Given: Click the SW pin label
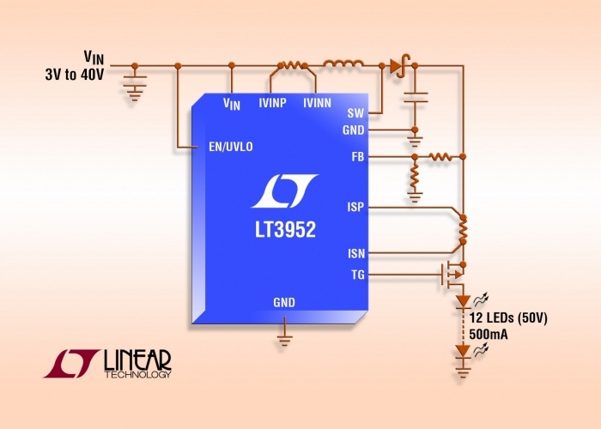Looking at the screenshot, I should click(x=355, y=113).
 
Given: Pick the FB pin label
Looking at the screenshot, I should click(x=357, y=157).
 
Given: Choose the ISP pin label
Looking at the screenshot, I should click(x=355, y=208).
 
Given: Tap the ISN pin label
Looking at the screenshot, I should click(x=355, y=253).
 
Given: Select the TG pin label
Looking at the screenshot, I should click(x=356, y=275).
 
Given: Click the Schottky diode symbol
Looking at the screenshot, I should click(x=398, y=64).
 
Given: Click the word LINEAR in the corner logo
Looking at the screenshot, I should click(x=137, y=358).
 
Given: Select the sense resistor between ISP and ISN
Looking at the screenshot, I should click(x=463, y=231).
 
